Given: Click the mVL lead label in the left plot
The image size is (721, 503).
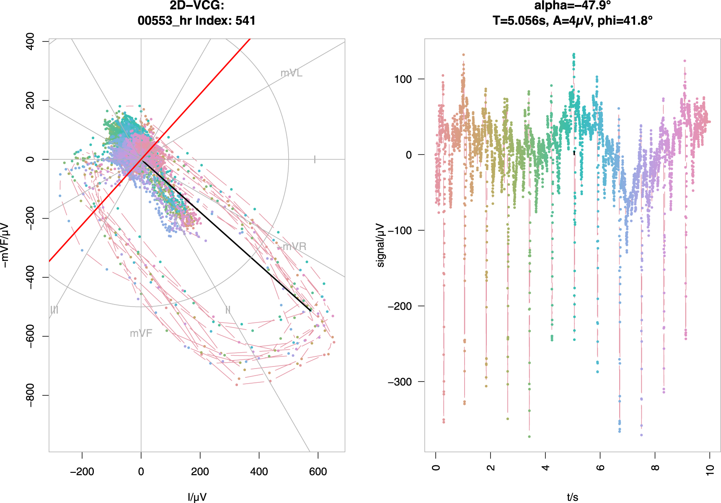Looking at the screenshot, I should pos(291,73).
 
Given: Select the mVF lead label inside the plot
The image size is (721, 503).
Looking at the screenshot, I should pos(141,333).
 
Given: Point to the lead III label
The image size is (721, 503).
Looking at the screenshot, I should pos(54,310).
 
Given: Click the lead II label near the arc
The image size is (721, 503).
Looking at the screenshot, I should pos(228,310).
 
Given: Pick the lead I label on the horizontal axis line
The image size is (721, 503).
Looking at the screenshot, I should pos(315,160).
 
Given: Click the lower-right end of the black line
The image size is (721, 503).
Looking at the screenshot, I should pos(310,311).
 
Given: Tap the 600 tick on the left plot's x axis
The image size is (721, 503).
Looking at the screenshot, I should pos(318,472).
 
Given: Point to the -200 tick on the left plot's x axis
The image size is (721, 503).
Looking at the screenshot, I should pos(82,472).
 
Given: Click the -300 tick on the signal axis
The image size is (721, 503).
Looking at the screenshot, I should pos(400,382).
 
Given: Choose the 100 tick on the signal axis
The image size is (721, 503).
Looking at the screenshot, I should pos(403,79).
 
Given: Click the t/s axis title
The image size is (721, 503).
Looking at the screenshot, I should pos(573,497).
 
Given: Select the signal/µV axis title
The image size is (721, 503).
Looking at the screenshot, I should pos(380,245).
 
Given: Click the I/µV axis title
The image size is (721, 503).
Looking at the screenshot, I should pos(197,497).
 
